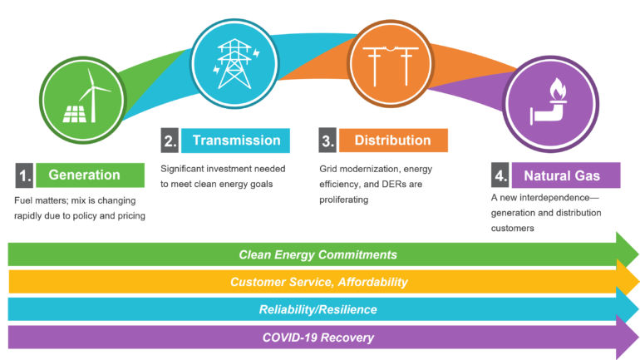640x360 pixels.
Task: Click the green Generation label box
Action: coord(89,175)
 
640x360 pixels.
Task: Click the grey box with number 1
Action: coord(24,175)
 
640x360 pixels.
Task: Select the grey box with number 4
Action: coord(500,175)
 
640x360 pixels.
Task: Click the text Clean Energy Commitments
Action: coord(318,254)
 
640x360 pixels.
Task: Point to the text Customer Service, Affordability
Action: coord(318,282)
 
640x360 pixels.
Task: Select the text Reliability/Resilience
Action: coord(318,309)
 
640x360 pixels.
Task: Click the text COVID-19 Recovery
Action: coord(318,338)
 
